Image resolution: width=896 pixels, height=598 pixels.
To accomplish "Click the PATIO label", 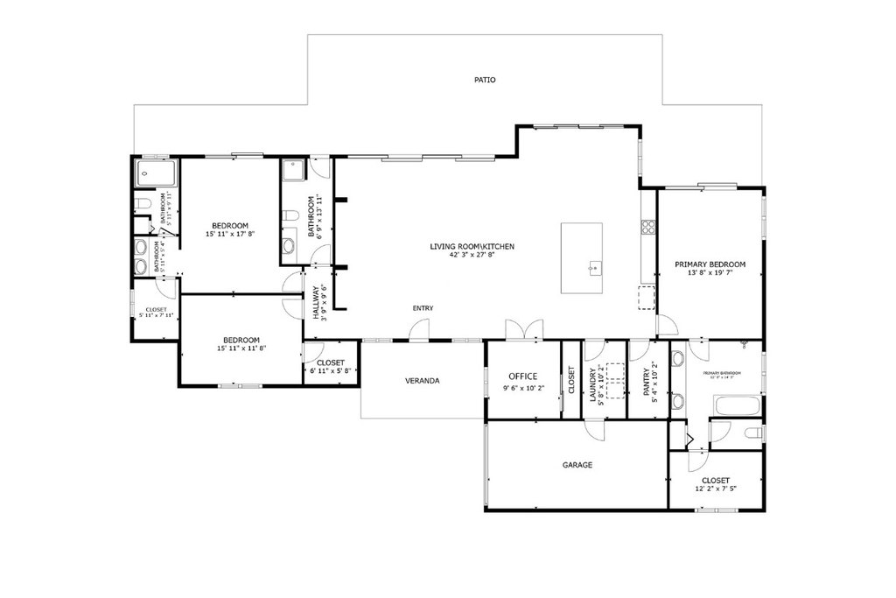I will [x=485, y=80].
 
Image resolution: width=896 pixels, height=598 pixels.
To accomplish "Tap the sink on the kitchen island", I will [x=595, y=267].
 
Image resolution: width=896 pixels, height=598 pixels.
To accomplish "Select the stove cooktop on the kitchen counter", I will [x=648, y=228].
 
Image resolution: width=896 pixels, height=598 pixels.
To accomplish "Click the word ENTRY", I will [x=423, y=308].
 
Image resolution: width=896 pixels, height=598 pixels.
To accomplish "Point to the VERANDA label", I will [x=422, y=381].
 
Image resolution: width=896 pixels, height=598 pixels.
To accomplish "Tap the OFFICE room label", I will [x=522, y=376].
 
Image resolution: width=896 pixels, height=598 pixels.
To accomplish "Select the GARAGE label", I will [x=577, y=465].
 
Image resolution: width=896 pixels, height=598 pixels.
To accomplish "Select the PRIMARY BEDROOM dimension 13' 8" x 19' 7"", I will [x=710, y=273].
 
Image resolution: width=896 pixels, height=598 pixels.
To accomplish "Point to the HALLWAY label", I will [x=317, y=303].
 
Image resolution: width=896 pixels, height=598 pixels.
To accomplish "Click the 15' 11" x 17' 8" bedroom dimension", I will [x=230, y=234].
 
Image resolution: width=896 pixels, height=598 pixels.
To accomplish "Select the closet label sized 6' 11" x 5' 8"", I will [x=330, y=371].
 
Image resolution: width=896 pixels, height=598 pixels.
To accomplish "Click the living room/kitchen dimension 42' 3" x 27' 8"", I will [x=472, y=256].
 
